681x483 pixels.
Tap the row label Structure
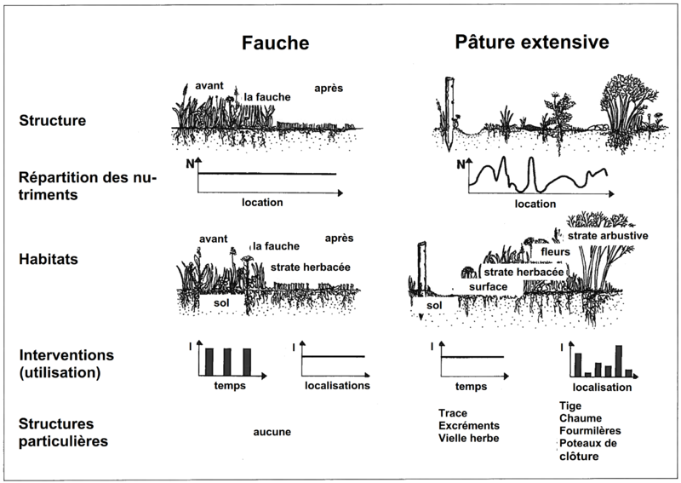tap(51, 121)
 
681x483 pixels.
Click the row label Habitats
tap(47, 262)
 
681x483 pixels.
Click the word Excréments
tap(467, 425)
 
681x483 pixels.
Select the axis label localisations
tap(337, 385)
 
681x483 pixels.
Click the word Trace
tap(453, 412)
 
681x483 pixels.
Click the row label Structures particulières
tap(60, 432)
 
